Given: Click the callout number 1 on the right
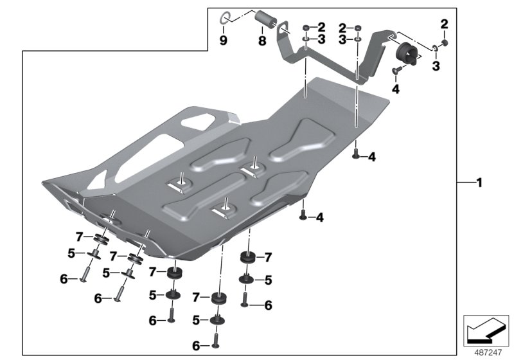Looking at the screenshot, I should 478,183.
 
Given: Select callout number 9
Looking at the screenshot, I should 223,40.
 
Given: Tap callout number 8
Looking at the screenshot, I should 261,40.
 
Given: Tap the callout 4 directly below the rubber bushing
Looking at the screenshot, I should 395,89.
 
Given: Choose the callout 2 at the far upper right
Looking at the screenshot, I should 443,24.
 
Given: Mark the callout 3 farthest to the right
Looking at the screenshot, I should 436,66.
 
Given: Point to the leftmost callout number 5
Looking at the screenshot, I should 72,253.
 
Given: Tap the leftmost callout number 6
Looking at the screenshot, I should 64,278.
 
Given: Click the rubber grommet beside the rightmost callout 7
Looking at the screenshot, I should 247,258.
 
